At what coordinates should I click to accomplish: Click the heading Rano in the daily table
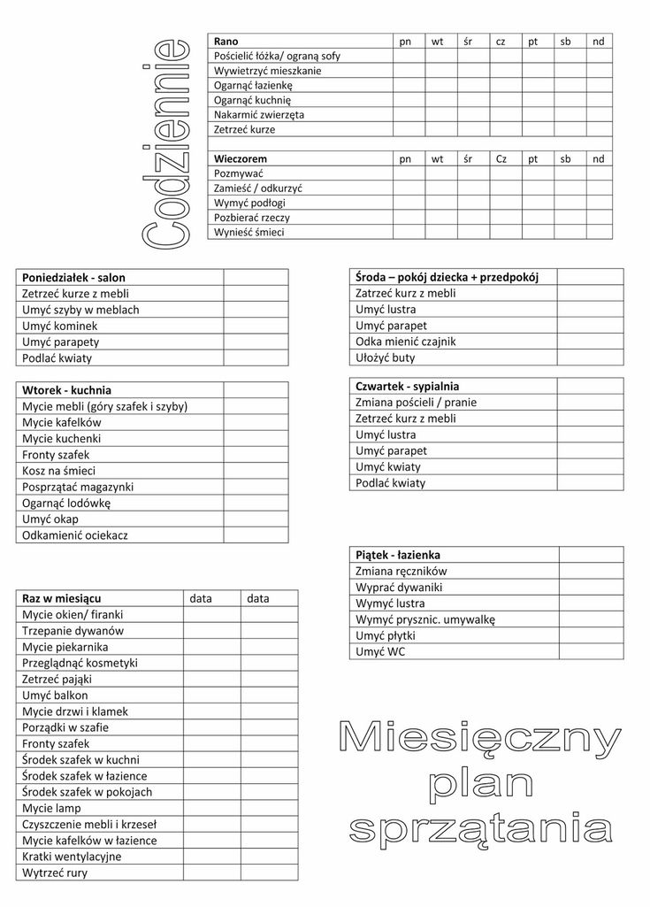(x=226, y=42)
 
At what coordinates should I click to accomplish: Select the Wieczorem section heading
(x=241, y=158)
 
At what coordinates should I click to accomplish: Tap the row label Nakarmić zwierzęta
(x=259, y=115)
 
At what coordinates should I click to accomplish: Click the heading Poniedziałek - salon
(x=73, y=277)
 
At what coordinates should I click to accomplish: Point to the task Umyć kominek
(x=59, y=326)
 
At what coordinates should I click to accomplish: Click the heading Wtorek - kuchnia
(x=66, y=390)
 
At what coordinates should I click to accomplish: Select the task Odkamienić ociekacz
(x=75, y=535)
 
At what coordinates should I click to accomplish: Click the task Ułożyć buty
(x=385, y=358)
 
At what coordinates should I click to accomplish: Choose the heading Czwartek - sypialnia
(x=407, y=387)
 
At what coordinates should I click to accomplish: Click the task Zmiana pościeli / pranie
(x=416, y=403)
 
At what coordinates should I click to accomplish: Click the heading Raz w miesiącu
(x=61, y=599)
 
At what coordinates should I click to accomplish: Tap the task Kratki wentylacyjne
(x=73, y=857)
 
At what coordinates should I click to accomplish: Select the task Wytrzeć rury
(x=55, y=872)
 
